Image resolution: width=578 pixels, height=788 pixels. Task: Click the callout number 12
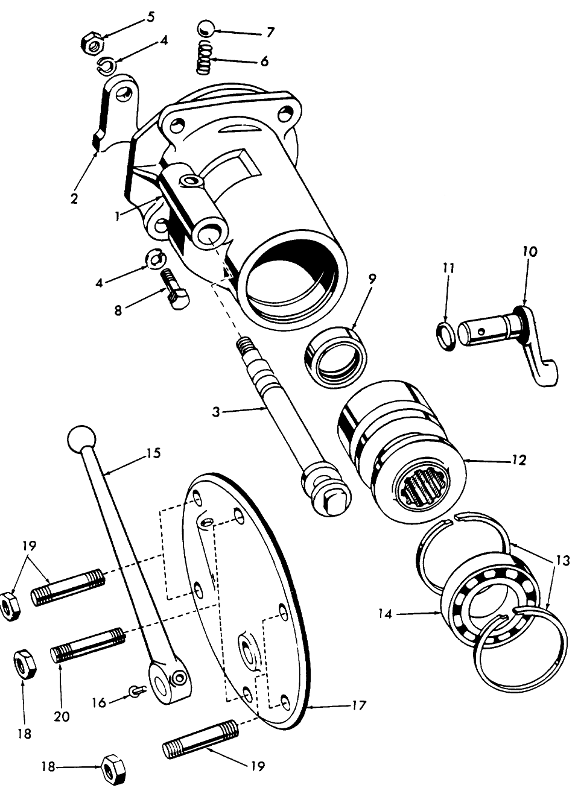[518, 461]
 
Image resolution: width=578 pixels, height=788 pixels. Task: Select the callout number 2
[74, 198]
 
